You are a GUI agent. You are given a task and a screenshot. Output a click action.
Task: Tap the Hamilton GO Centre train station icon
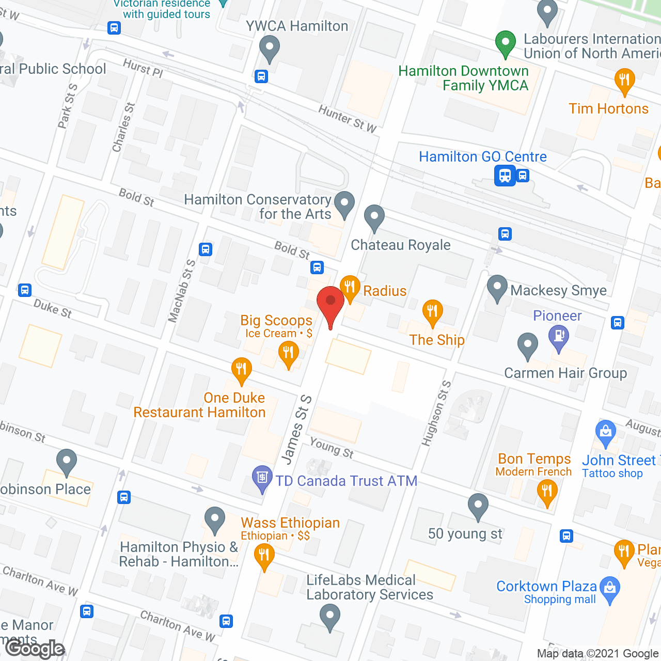pos(505,176)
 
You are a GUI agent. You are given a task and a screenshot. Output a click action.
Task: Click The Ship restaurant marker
pos(432,311)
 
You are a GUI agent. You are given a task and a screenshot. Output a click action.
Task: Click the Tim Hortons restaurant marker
pos(624,80)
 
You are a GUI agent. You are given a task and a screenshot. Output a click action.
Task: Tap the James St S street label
pos(296,429)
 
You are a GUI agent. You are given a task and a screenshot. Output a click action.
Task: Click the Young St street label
pos(332,447)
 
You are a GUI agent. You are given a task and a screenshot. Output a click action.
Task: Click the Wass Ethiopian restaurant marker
pos(264,556)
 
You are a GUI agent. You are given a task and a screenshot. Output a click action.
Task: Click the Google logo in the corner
pos(35,649)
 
